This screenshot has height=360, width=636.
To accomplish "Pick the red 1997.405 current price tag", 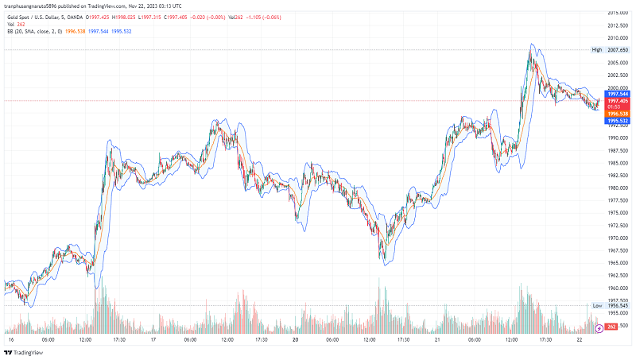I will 618,101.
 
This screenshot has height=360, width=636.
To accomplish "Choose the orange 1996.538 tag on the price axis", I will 618,114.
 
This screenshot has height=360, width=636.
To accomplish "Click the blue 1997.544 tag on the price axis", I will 618,94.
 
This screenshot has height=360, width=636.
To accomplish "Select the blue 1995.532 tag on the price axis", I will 618,120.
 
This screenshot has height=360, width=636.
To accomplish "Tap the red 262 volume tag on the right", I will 611,327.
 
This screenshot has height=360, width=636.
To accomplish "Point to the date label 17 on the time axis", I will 153,339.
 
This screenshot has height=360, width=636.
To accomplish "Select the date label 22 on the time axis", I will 580,339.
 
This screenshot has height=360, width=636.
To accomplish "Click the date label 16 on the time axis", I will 11,339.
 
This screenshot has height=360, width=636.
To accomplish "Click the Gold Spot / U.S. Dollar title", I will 39,17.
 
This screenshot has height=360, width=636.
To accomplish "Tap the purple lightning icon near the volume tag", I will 597,327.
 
